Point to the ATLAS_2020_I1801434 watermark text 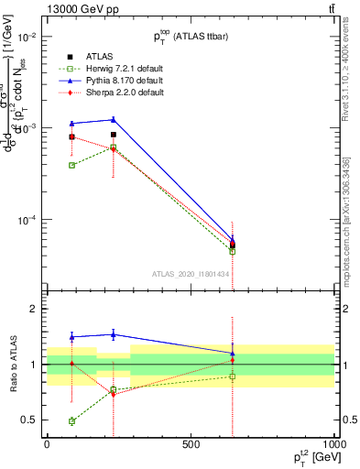click(191, 274)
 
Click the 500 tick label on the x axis click(191, 444)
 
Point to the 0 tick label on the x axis click(47, 444)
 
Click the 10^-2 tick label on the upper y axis click(24, 37)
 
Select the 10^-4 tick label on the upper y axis click(24, 220)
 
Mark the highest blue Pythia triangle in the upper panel click(114, 119)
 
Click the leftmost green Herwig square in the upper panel click(71, 165)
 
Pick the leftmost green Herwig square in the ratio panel click(71, 421)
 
